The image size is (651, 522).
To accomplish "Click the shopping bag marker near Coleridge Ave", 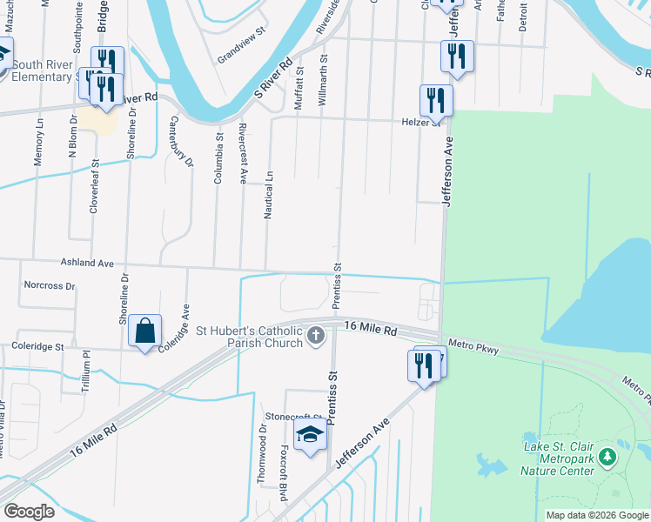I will tap(144, 331).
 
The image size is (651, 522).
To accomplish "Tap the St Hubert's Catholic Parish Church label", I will tap(249, 336).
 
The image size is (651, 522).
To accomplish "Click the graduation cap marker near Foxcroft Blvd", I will tap(309, 434).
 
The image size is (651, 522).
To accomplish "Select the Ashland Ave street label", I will tap(87, 262).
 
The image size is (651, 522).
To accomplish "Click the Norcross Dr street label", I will tap(50, 284).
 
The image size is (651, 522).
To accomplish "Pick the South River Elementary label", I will tap(45, 70).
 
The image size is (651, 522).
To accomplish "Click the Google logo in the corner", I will tap(29, 511).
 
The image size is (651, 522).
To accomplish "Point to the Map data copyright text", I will tap(596, 515).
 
